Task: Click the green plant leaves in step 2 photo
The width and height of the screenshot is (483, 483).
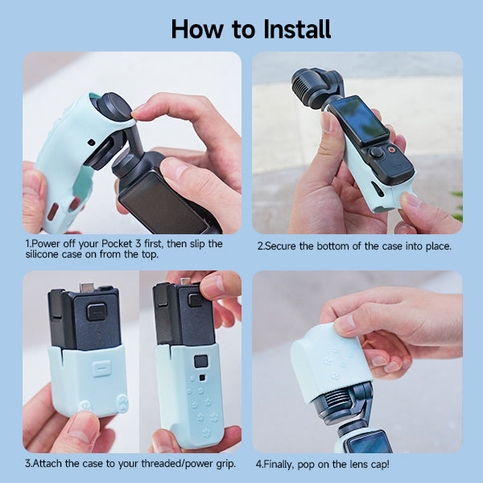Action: pos(457,205)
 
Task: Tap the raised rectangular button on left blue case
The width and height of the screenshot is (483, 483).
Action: pos(100,369)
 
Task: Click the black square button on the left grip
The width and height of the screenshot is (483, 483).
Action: pos(97,312)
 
